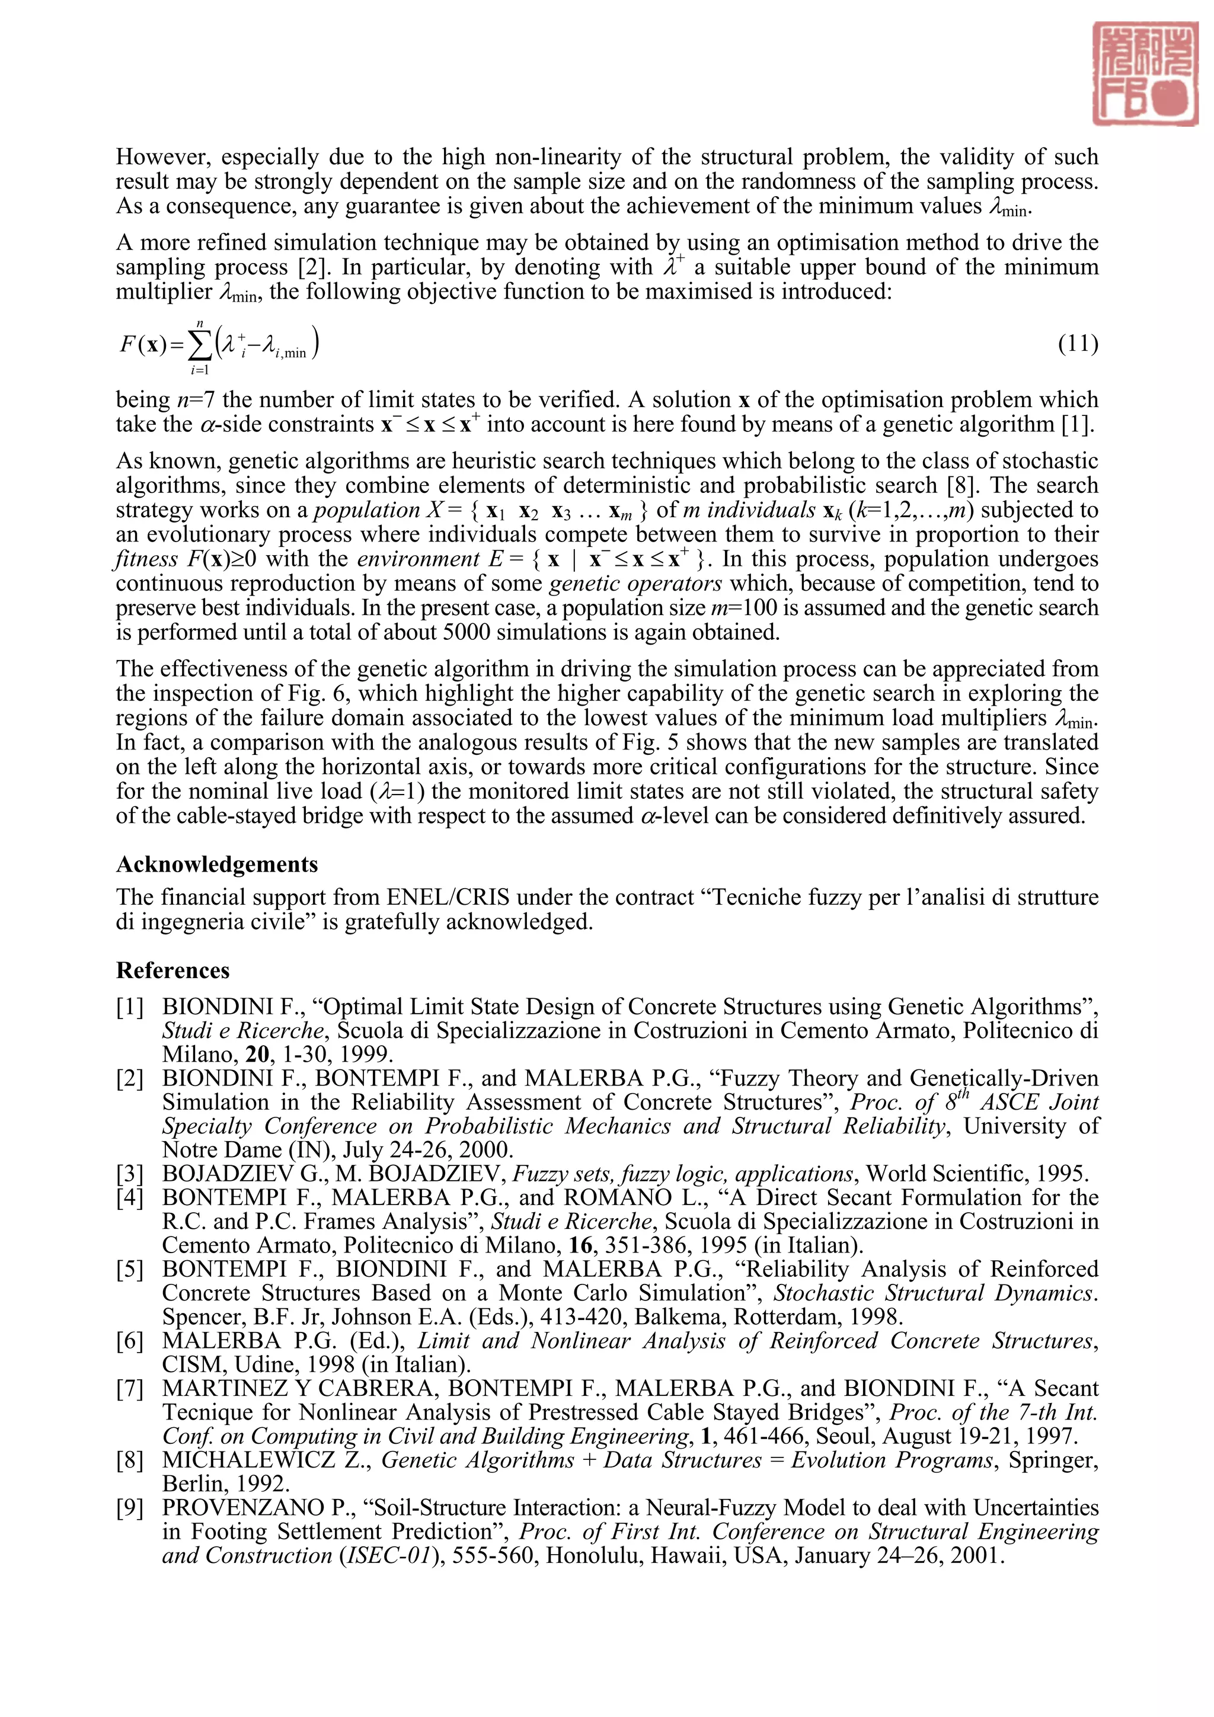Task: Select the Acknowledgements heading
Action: (217, 864)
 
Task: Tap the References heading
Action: (172, 970)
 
